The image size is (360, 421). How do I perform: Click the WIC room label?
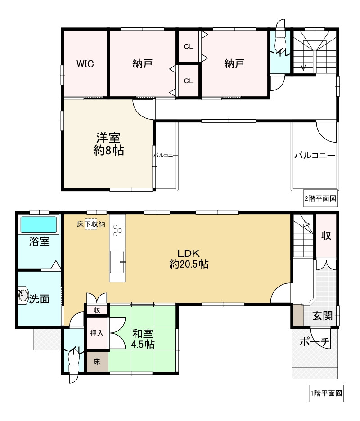click(85, 64)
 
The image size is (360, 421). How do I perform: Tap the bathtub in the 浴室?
click(39, 224)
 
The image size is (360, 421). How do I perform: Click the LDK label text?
click(189, 253)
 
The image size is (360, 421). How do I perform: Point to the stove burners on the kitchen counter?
click(117, 230)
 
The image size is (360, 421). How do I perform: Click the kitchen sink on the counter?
click(117, 262)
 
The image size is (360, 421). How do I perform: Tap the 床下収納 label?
click(91, 224)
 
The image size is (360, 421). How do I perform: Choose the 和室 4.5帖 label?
click(143, 339)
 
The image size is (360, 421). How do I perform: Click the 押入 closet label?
click(97, 333)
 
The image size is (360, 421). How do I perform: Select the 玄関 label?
click(323, 316)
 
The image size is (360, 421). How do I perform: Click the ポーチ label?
click(315, 342)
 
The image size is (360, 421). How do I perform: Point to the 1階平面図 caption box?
click(326, 394)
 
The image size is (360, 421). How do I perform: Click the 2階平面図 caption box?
click(320, 198)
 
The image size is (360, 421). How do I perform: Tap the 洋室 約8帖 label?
click(108, 144)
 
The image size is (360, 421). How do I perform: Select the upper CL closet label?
click(189, 47)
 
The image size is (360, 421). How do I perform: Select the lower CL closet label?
click(189, 81)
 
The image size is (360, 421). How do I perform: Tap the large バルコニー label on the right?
click(315, 156)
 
